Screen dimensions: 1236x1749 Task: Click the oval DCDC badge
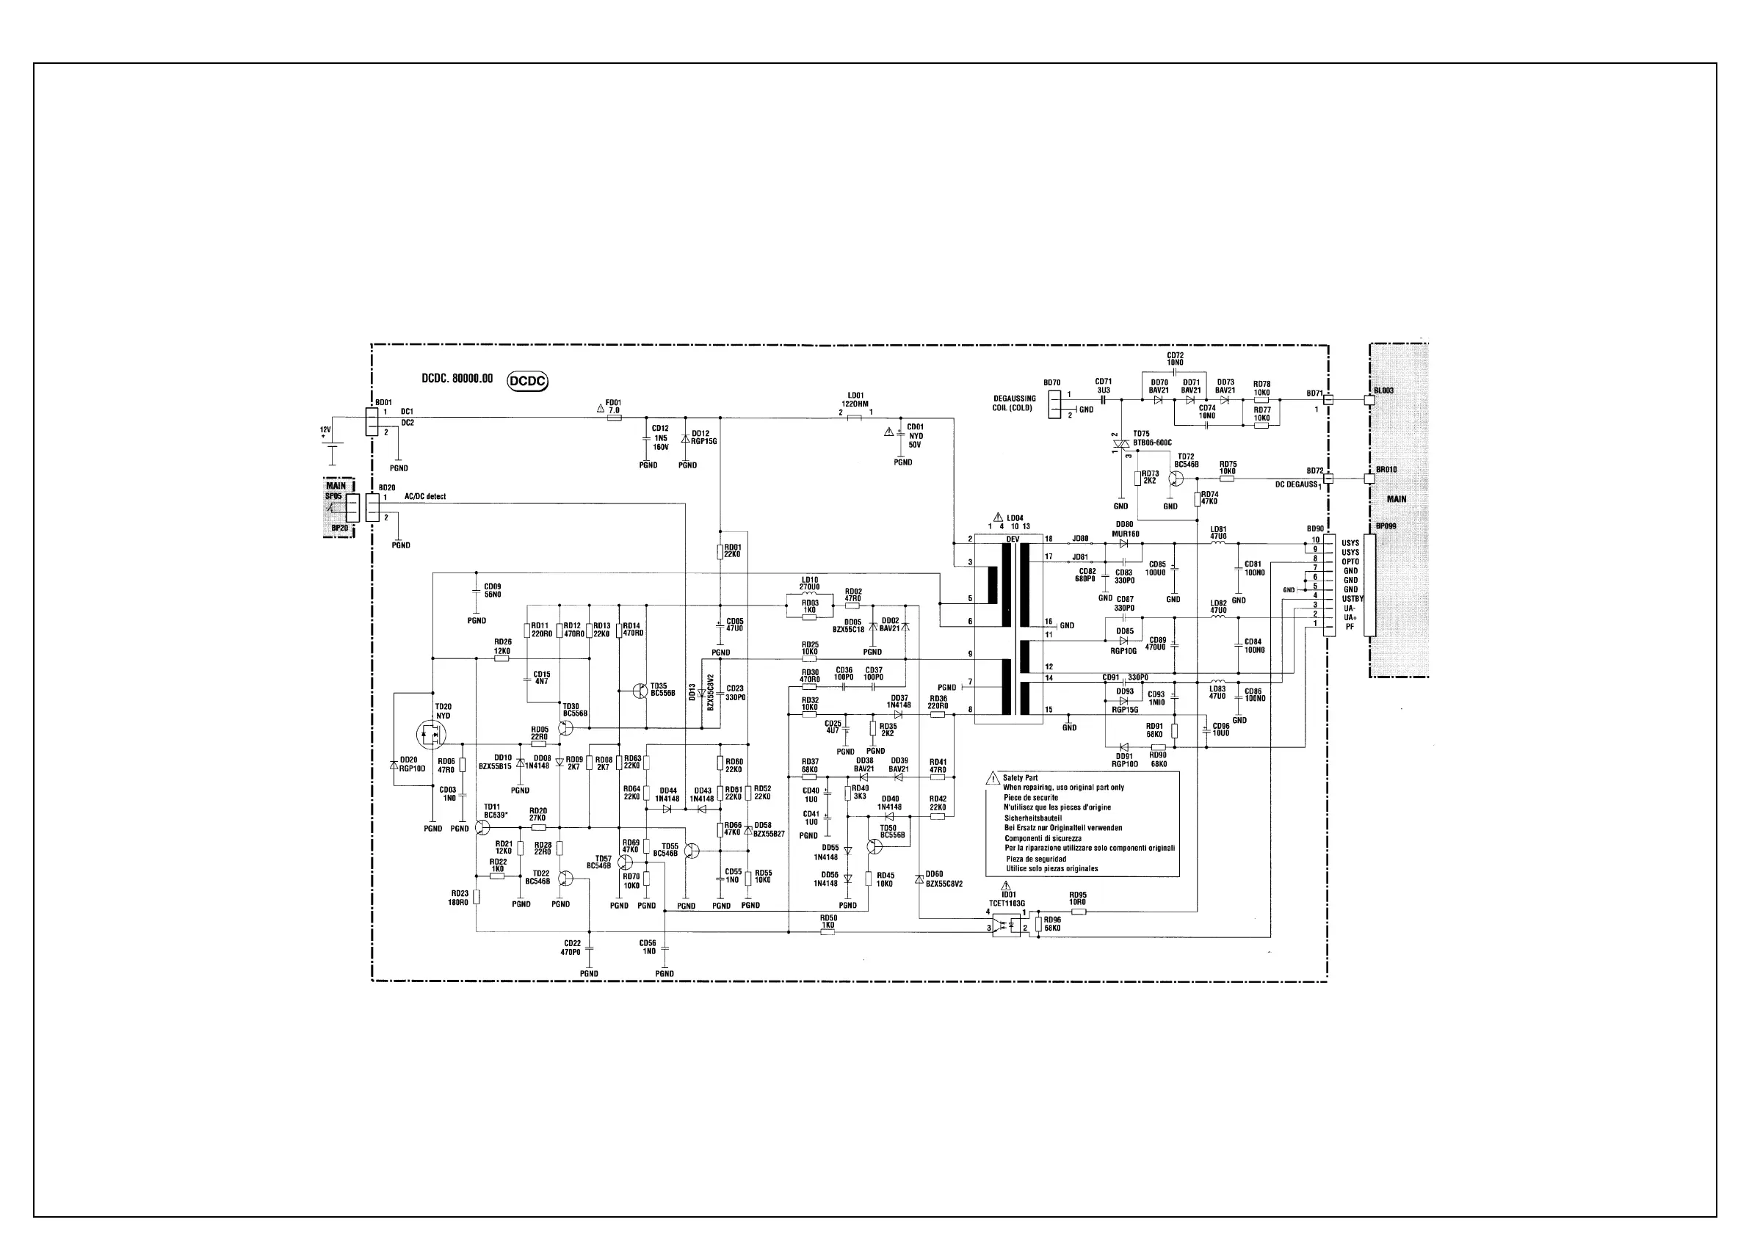pos(527,381)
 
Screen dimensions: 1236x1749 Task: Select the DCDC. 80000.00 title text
pos(457,379)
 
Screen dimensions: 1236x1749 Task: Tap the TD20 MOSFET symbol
pos(429,734)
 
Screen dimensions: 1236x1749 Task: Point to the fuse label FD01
pos(613,403)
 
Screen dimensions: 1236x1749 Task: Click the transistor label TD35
pos(658,686)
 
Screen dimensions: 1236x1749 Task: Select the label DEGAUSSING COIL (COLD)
pos(1014,403)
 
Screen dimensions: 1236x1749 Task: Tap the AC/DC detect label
pos(425,497)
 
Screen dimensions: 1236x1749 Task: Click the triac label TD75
pos(1141,434)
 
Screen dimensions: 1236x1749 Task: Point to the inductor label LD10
pos(809,581)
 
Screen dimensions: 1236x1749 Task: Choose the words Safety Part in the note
pos(1020,778)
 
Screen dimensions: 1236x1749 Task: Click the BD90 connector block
pos(1329,585)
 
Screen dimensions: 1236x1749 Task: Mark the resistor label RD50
pos(828,918)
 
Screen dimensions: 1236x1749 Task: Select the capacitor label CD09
pos(492,587)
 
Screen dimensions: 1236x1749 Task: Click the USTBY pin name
pos(1352,599)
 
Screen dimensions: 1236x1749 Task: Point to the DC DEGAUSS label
pos(1296,484)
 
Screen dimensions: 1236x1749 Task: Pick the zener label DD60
pos(934,874)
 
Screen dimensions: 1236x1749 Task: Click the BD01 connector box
pos(372,421)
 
